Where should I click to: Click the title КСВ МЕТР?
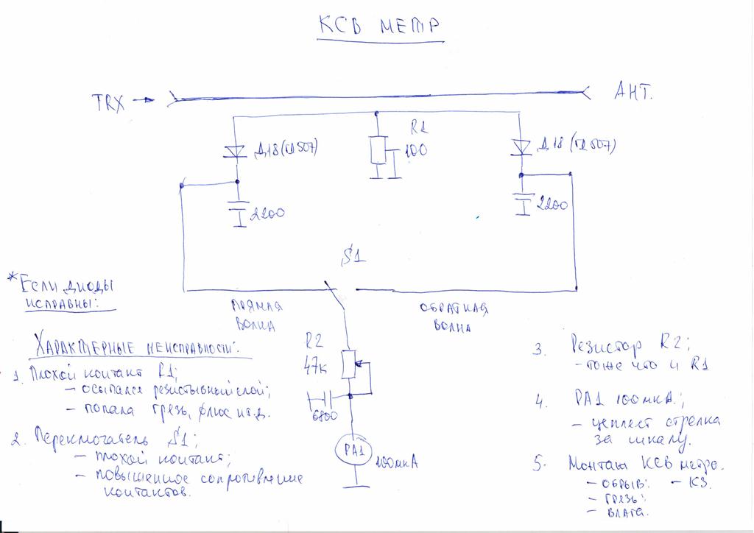(380, 28)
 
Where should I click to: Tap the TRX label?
(108, 102)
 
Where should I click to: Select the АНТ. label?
(633, 93)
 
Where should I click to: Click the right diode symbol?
(522, 146)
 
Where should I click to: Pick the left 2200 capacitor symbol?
(237, 210)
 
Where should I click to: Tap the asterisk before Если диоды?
(11, 278)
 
